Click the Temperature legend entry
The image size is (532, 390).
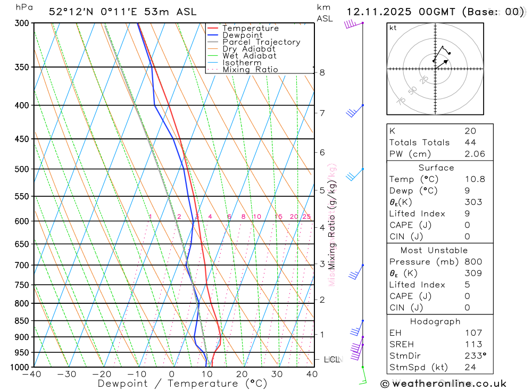coord(250,28)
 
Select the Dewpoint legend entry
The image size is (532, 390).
coord(243,35)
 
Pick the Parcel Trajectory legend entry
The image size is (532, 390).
coord(261,42)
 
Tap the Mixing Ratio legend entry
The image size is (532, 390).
coord(250,69)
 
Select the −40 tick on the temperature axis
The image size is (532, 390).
coord(32,374)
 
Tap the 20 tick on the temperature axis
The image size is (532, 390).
coord(242,374)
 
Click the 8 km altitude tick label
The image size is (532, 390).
coord(322,72)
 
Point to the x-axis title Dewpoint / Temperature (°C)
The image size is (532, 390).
coord(182,383)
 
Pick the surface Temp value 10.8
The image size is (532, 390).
coord(475,179)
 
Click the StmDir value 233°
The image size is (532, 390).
coord(475,356)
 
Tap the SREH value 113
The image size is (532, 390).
coord(473,344)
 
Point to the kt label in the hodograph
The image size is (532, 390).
coord(393,28)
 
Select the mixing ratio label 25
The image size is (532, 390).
coord(306,217)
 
